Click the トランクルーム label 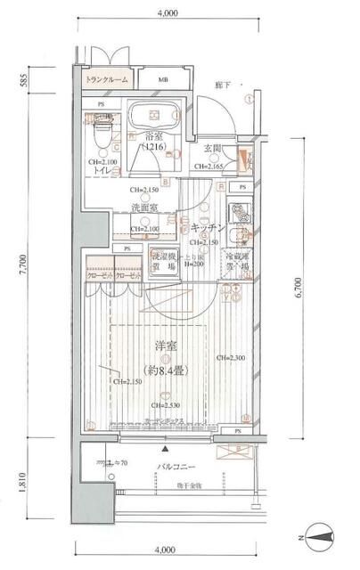point(107,80)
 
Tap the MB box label point(163,80)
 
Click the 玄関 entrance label point(212,148)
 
